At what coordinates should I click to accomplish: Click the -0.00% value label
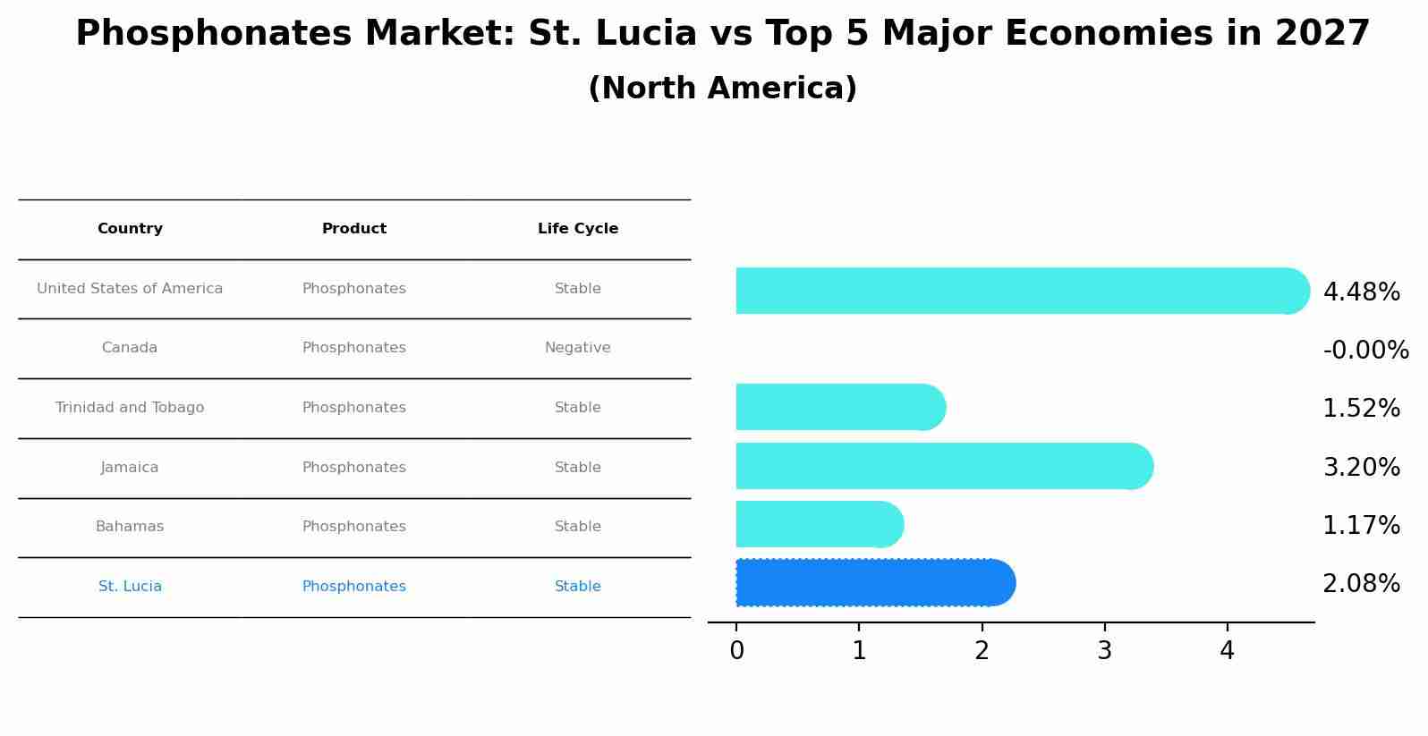coord(1365,350)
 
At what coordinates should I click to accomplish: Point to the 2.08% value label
coord(1361,584)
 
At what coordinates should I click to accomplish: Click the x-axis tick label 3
coord(1104,651)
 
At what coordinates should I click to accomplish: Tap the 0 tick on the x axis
coord(736,651)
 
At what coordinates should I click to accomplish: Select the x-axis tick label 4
coord(1227,651)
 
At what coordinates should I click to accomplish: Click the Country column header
coord(130,229)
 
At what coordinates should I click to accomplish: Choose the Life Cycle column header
coord(578,229)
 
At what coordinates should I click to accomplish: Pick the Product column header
coord(354,229)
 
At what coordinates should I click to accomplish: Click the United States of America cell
coord(130,289)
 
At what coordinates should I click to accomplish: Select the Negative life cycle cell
coord(578,348)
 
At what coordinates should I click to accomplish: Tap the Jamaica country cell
coord(130,468)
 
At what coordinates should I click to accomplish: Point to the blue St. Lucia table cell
coord(130,587)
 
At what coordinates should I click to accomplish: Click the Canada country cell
coord(130,348)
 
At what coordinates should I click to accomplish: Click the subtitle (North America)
coord(723,89)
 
